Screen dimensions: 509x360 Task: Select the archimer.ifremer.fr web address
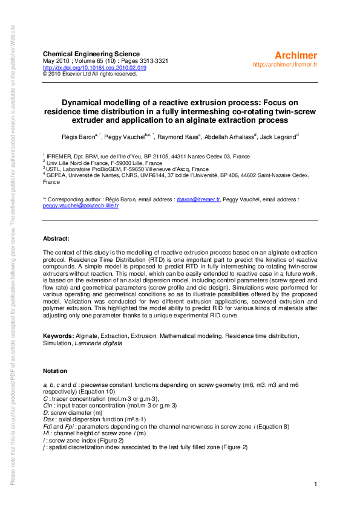284,64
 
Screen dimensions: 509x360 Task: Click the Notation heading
55,371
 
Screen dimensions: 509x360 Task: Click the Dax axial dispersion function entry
85,419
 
